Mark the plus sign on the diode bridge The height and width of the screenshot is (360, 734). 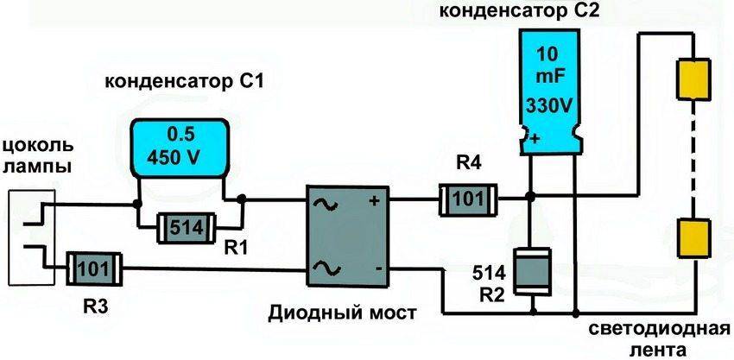tap(375, 202)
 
